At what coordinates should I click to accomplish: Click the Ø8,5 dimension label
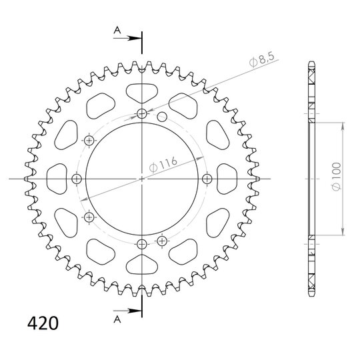[x=262, y=60]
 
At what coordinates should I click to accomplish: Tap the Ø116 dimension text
[x=163, y=164]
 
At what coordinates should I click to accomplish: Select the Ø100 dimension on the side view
[x=337, y=176]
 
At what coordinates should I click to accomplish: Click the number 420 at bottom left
[x=43, y=323]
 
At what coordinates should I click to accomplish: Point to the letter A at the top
[x=117, y=30]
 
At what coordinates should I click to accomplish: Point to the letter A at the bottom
[x=117, y=319]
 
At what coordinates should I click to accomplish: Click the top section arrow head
[x=134, y=38]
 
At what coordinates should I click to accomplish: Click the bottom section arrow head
[x=134, y=311]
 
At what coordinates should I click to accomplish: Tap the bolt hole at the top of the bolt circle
[x=142, y=113]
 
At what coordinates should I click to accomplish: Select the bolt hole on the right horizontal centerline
[x=207, y=179]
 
